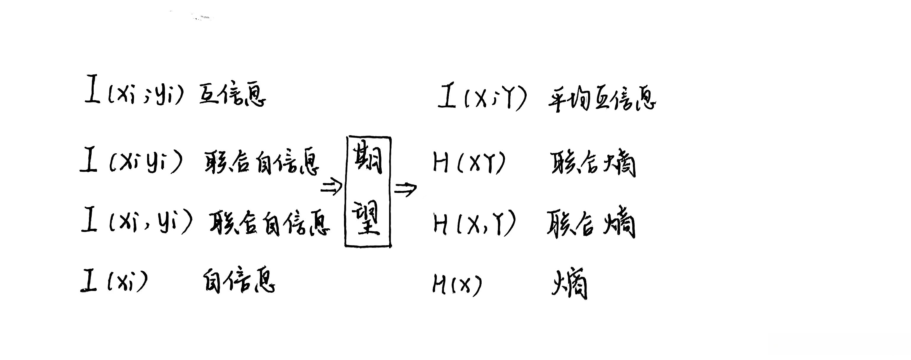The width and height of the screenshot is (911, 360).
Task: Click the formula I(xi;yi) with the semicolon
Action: click(134, 91)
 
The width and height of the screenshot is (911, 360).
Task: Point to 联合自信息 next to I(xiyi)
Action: click(262, 163)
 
